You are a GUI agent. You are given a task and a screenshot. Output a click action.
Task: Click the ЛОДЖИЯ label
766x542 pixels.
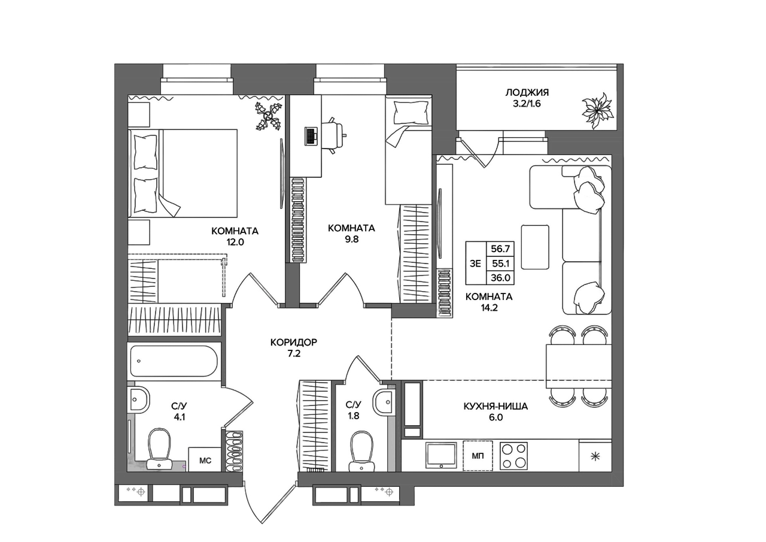click(527, 92)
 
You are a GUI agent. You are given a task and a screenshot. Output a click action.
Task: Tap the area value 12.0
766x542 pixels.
click(235, 243)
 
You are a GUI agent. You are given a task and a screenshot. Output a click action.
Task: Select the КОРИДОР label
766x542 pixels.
click(294, 342)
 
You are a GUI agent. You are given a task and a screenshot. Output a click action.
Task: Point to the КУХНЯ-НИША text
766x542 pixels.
click(496, 407)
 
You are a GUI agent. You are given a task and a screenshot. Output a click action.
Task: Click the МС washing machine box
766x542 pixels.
click(205, 459)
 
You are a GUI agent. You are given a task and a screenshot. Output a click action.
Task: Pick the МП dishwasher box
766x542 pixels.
click(478, 456)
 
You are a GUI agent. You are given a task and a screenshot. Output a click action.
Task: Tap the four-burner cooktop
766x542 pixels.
click(513, 456)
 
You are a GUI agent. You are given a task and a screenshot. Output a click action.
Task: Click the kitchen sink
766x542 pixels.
click(441, 455)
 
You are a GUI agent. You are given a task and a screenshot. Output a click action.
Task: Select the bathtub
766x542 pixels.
click(174, 361)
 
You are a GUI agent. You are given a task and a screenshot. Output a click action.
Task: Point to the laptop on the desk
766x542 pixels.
click(311, 136)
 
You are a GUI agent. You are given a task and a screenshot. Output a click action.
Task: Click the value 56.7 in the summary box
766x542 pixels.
click(500, 249)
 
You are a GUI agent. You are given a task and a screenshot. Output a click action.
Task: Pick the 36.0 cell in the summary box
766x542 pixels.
click(500, 277)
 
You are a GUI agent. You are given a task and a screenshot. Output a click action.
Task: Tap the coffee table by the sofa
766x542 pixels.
click(535, 247)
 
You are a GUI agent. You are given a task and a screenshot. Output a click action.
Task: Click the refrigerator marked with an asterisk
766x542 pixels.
click(595, 456)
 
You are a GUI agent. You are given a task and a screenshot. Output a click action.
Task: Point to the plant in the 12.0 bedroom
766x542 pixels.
click(269, 117)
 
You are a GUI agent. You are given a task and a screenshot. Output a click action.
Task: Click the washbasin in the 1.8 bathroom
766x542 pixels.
click(385, 402)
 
